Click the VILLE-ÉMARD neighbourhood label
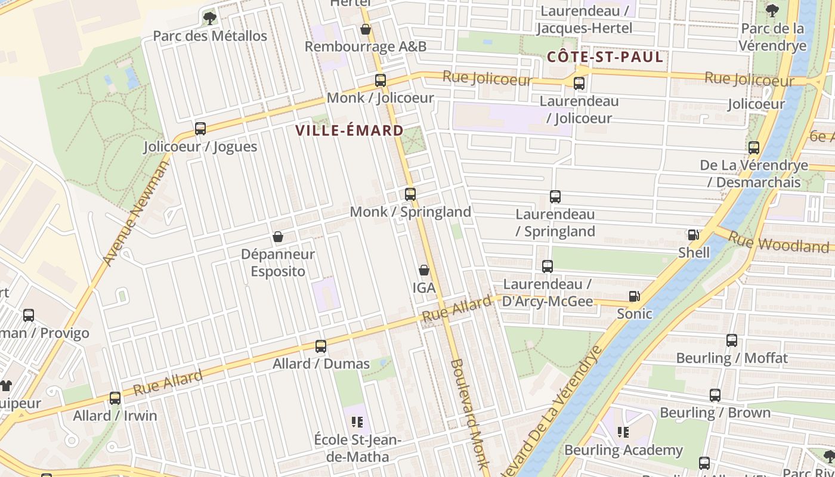tap(350, 131)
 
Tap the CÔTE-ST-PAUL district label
tap(605, 57)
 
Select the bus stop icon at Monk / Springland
tap(410, 194)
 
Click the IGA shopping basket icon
tap(423, 270)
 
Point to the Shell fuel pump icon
tap(693, 235)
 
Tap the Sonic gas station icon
tap(635, 296)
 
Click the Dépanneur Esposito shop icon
tap(277, 237)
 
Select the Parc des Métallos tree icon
tap(209, 18)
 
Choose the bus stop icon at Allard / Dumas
tap(321, 346)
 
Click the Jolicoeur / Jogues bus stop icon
tap(200, 128)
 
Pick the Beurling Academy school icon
tap(623, 432)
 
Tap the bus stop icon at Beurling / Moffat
tap(732, 340)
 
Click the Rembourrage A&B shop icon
tap(366, 29)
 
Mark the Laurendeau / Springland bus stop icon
tap(555, 196)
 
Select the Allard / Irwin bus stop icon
tap(115, 398)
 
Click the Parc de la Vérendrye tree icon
tap(772, 10)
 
